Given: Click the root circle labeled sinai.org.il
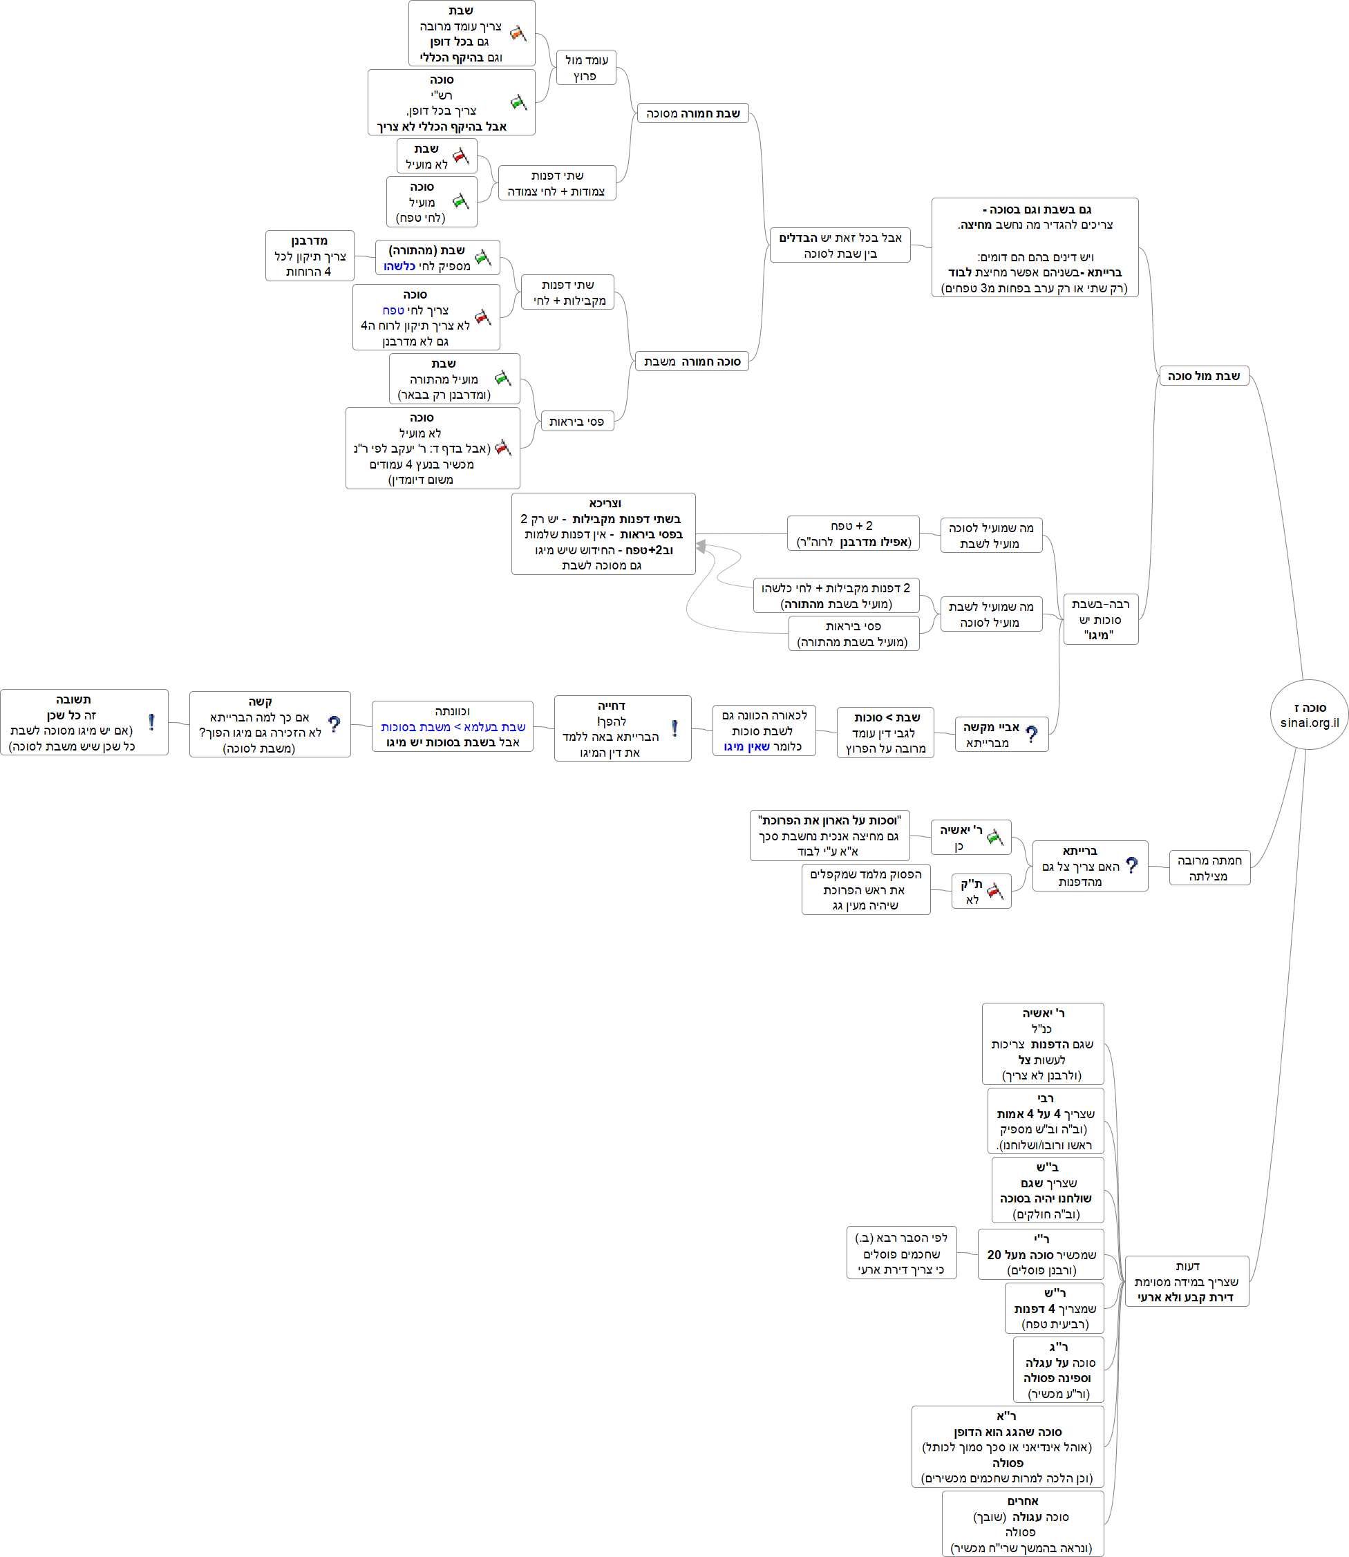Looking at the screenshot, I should click(x=1309, y=715).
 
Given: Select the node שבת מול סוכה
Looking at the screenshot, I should click(x=1203, y=376).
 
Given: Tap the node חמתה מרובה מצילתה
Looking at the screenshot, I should click(x=1209, y=868).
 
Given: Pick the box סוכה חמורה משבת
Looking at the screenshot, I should click(x=691, y=361).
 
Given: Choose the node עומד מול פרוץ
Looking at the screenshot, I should click(x=585, y=68).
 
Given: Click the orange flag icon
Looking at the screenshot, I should click(x=518, y=33).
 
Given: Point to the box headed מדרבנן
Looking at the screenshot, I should click(x=310, y=256).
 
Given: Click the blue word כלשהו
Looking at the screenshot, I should click(x=399, y=267).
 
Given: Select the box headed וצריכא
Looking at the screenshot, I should click(x=603, y=534).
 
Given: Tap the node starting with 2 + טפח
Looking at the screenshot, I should click(x=853, y=533).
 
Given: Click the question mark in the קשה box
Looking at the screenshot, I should click(x=334, y=724).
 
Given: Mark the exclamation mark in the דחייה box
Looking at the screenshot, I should click(x=674, y=728).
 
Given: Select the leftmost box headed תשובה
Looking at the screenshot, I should click(x=84, y=722).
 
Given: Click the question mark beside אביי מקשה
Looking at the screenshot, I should click(x=1031, y=734).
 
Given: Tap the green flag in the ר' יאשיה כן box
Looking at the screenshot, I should click(x=995, y=836).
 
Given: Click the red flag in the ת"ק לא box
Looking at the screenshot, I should click(x=994, y=891).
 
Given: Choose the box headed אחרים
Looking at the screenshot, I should click(x=1022, y=1523).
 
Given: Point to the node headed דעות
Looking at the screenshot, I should click(x=1187, y=1281).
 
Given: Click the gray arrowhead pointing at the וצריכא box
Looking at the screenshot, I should click(x=701, y=546).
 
